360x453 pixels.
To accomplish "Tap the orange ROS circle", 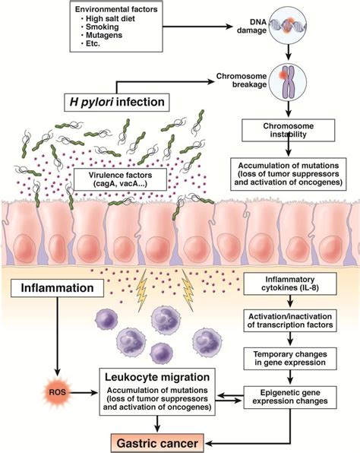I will tap(55, 392).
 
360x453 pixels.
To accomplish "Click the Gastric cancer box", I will tap(163, 440).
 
